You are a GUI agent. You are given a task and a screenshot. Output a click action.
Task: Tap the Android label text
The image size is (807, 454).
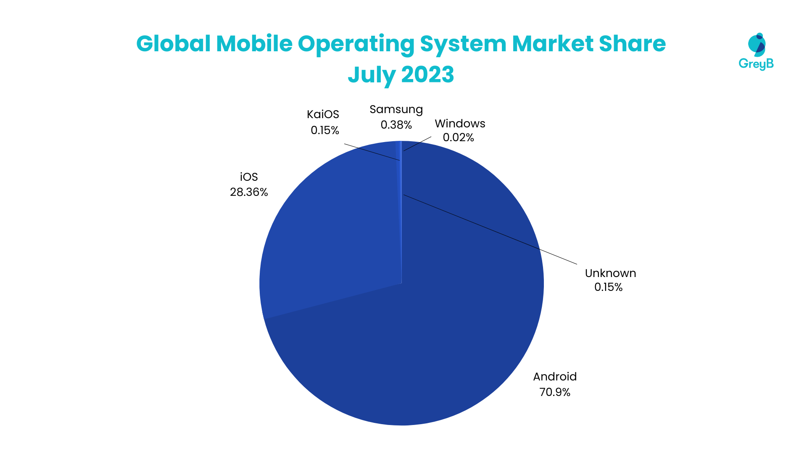(x=555, y=377)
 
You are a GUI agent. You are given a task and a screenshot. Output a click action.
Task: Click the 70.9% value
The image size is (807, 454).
(x=555, y=392)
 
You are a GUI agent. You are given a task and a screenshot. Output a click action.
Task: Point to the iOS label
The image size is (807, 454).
(x=249, y=177)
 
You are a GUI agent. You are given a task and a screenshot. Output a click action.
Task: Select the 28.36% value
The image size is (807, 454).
(x=249, y=192)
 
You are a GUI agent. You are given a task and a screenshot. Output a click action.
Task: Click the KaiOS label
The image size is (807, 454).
(x=323, y=114)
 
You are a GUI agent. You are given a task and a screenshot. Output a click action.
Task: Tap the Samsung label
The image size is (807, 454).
(x=396, y=109)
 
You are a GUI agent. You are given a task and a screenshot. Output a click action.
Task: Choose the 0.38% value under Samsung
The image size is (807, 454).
(x=396, y=125)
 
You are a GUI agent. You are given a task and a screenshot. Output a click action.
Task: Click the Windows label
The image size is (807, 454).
(x=460, y=124)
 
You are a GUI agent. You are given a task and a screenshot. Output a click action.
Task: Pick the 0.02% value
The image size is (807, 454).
(x=458, y=137)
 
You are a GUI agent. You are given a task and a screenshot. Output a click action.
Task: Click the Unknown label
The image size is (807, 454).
(x=610, y=273)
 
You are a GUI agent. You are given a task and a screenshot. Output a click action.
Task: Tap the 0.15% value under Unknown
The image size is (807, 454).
(x=608, y=287)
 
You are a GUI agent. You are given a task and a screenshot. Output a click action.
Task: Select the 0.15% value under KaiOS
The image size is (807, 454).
(x=324, y=130)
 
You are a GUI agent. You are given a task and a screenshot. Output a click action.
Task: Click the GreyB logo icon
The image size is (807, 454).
(x=757, y=45)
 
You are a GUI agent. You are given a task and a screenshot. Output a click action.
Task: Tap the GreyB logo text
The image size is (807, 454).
(x=756, y=64)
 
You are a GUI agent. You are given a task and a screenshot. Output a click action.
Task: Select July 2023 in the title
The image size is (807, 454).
(x=401, y=75)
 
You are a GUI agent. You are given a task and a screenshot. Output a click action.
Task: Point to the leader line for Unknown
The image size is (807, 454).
(x=490, y=230)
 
